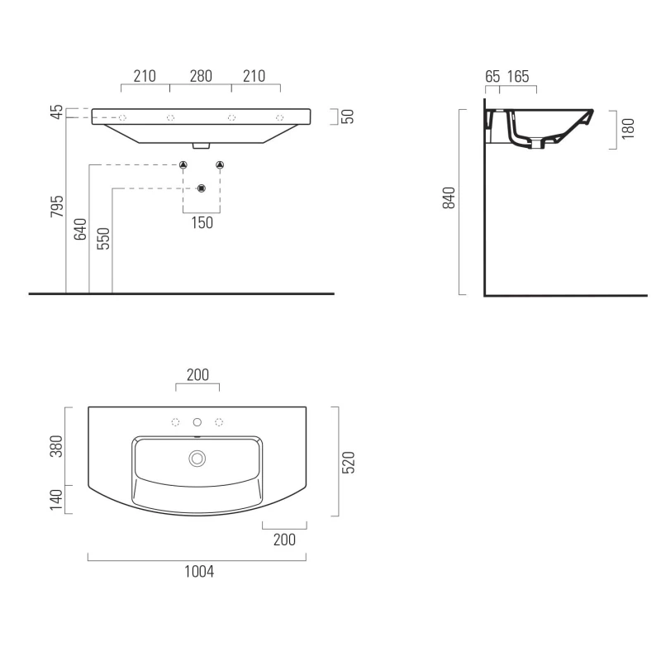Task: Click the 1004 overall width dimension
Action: coord(199,572)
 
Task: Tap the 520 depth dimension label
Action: coord(348,463)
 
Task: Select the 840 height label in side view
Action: coord(449,197)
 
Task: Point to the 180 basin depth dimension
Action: coord(628,129)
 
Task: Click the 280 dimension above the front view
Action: coord(201,76)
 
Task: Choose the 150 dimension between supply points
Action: coord(202,222)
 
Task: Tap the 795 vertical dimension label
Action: coord(57,206)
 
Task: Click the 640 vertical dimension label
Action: coord(80,230)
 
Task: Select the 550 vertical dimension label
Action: coord(103,239)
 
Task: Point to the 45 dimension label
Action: coord(57,112)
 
